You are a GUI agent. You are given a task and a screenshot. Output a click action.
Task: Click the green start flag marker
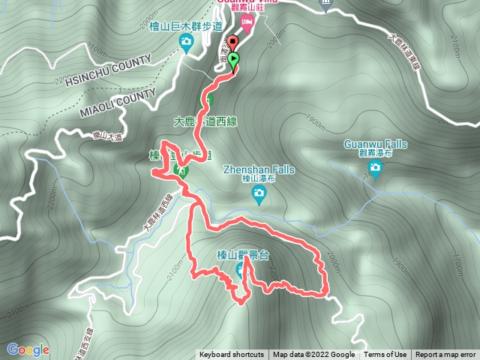234,60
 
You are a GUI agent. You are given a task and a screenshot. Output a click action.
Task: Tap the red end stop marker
231,43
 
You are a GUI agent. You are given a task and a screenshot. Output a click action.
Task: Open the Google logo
28,349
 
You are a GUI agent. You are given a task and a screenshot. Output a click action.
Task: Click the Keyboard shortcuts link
232,355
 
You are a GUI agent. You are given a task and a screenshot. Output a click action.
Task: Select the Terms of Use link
385,355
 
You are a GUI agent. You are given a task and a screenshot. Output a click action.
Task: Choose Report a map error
445,355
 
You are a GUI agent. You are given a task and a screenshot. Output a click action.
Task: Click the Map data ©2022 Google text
314,355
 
